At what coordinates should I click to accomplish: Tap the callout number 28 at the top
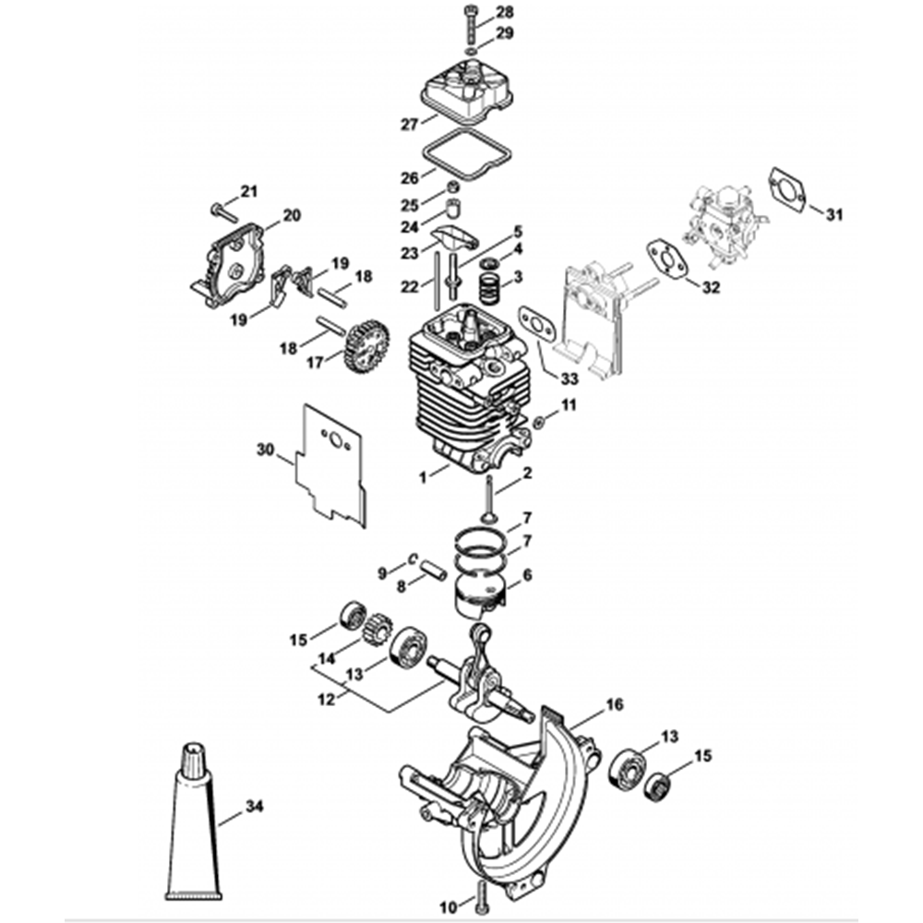point(505,11)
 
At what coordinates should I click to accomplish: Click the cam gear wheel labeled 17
point(366,342)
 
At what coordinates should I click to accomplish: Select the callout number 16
point(614,704)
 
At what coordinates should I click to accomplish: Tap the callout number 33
point(569,379)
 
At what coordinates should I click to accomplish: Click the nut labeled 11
point(537,422)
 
